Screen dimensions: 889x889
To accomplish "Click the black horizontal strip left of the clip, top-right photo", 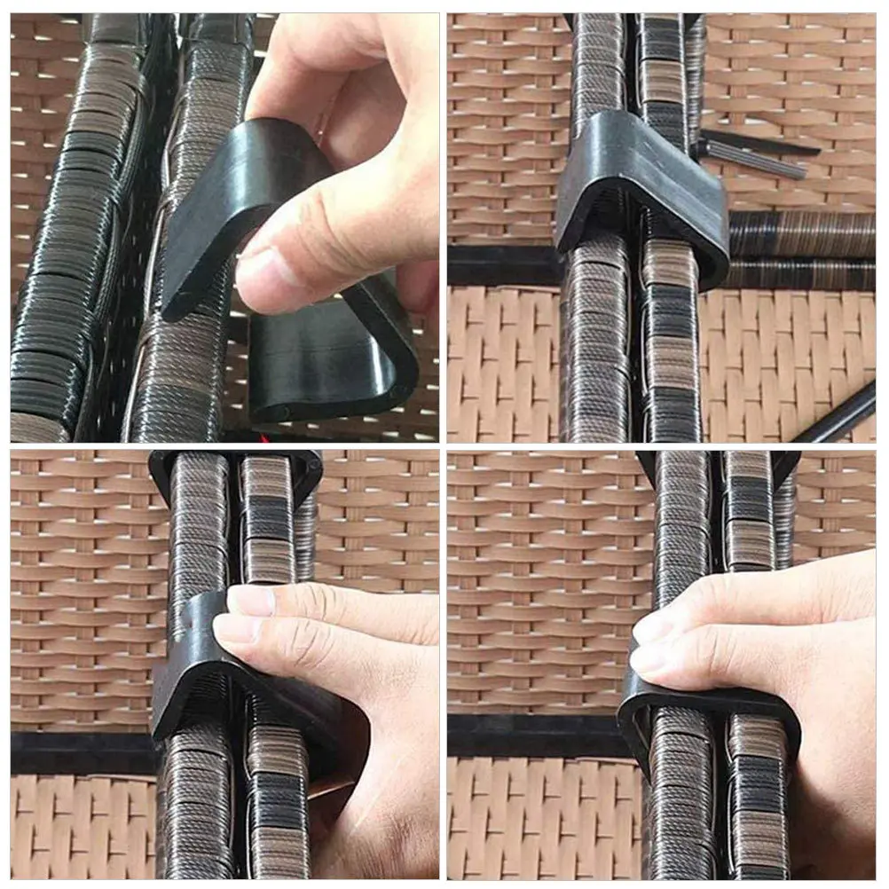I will click(x=501, y=265).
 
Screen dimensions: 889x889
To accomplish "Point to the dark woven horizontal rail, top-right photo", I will click(x=803, y=234).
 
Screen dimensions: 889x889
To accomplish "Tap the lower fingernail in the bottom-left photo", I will click(x=232, y=629).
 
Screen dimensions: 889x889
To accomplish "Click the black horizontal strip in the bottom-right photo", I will click(x=532, y=736).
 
